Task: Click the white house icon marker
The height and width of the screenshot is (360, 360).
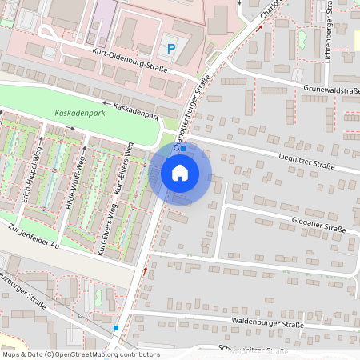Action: (x=180, y=173)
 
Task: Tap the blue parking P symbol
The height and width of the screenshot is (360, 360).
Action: (x=170, y=49)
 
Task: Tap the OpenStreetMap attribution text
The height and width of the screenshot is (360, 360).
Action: (x=81, y=354)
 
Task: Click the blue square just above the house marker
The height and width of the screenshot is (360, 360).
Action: (x=183, y=149)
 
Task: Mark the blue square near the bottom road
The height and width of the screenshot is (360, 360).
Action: (x=116, y=328)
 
